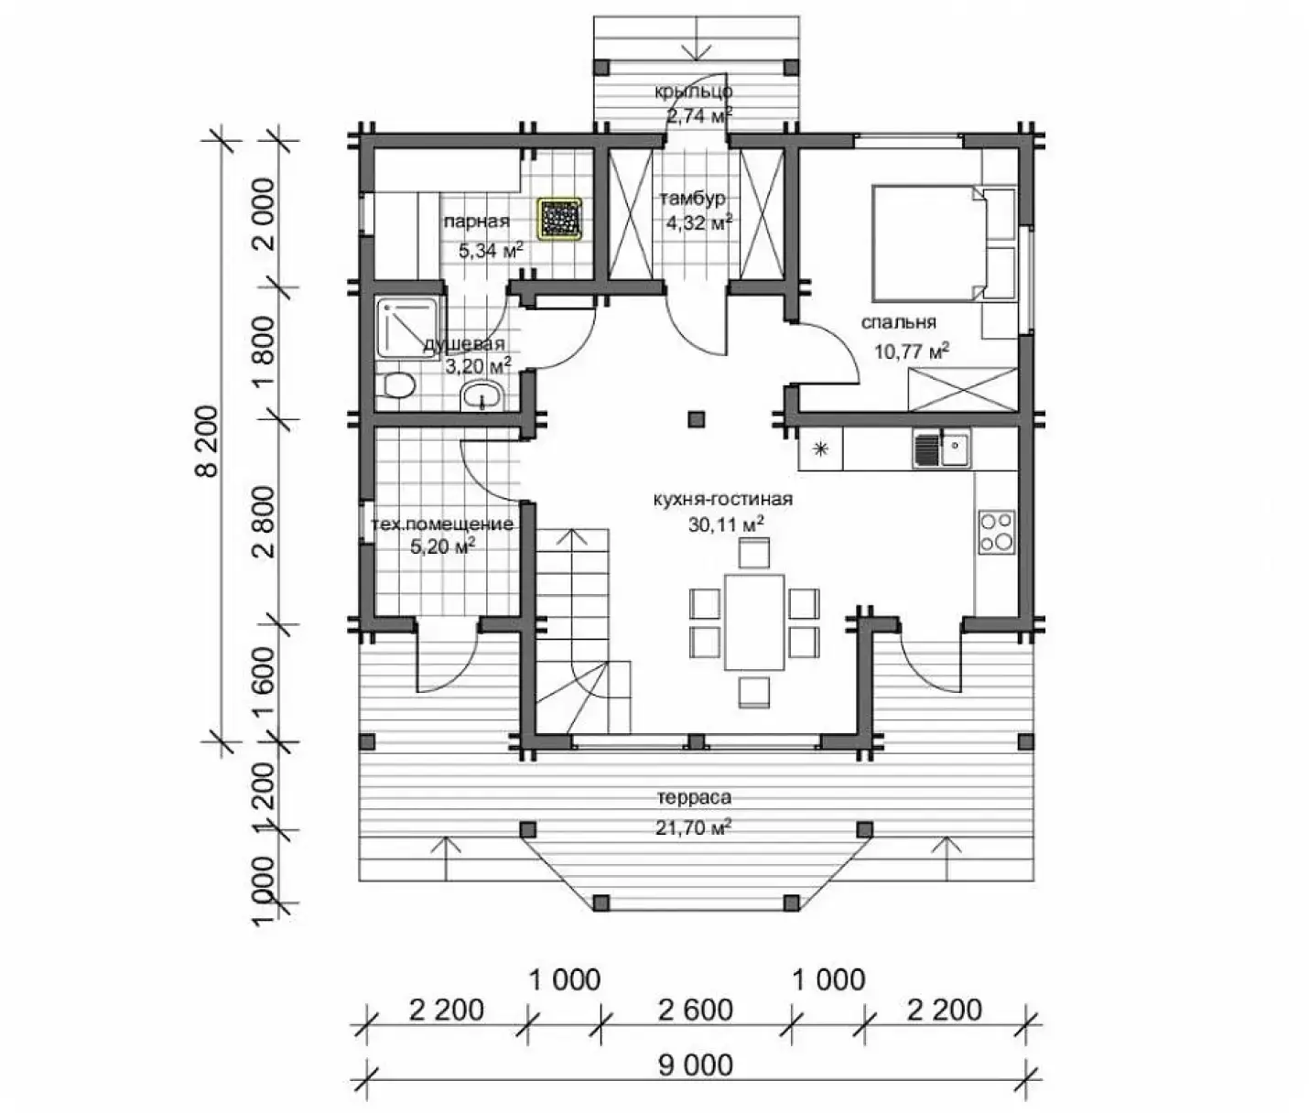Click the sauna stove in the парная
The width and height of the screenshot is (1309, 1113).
click(x=560, y=219)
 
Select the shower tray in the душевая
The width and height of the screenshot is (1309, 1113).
click(x=410, y=328)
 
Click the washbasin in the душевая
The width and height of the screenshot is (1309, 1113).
click(x=483, y=396)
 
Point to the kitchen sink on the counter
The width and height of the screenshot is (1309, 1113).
click(x=942, y=448)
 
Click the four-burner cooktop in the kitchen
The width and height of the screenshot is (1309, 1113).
click(x=996, y=531)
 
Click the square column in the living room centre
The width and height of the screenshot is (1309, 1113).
click(x=697, y=418)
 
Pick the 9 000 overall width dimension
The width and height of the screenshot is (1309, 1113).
click(x=696, y=1064)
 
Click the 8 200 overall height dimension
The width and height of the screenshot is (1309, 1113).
click(x=208, y=440)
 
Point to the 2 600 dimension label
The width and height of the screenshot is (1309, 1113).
click(x=696, y=1010)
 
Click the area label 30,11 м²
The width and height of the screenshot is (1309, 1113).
click(x=725, y=524)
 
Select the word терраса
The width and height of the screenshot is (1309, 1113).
click(x=694, y=797)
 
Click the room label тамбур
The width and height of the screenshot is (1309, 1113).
click(x=693, y=199)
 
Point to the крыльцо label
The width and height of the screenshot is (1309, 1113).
click(x=694, y=92)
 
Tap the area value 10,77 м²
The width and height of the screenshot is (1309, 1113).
click(x=912, y=351)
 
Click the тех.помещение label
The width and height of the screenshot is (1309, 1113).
click(x=442, y=524)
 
